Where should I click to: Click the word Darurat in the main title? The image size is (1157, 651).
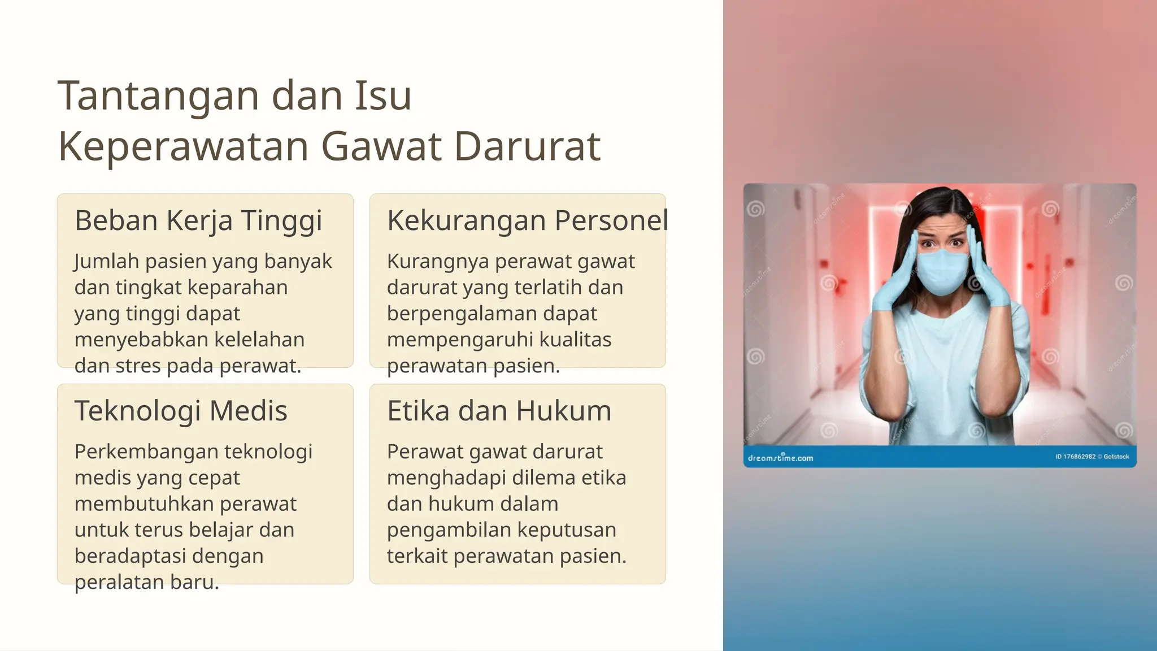coord(527,147)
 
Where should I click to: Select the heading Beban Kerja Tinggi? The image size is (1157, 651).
coord(198,220)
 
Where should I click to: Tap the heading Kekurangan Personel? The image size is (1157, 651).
coord(527,220)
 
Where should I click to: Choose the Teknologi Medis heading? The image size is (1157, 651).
coord(181,411)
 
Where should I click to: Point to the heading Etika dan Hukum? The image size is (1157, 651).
coord(499,411)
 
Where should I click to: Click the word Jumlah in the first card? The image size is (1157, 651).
coord(106,262)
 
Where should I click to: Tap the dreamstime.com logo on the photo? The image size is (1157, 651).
coord(780,458)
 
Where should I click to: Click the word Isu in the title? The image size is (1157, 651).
coord(383,96)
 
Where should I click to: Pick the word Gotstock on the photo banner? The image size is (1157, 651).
coord(1116,457)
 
